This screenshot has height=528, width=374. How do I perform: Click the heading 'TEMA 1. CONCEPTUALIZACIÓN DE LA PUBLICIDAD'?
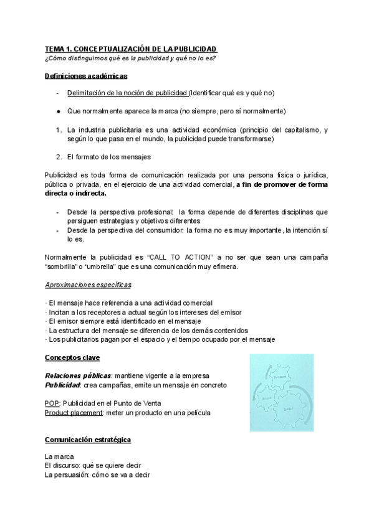pos(131,49)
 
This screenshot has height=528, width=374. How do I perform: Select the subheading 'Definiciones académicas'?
pos(86,76)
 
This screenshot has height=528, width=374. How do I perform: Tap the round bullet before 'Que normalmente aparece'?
pos(57,111)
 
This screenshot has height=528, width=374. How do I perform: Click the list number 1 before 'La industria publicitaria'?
pos(57,130)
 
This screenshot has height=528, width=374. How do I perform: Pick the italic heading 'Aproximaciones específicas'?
pos(88,285)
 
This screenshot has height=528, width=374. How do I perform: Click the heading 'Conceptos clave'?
pos(72,358)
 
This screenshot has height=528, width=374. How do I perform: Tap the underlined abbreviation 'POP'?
pos(52,403)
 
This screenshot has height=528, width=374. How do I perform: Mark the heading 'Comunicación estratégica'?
pos(88,440)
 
